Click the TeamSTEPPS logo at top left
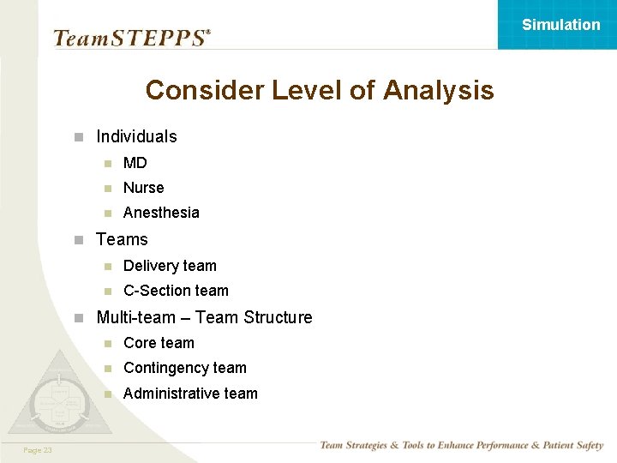coord(131,38)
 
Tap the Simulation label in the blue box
coord(561,25)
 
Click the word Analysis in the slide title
coord(439,90)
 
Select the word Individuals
coord(136,136)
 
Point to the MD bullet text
coord(135,163)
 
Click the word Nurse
coord(143,188)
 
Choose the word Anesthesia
coord(161,213)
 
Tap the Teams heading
coord(122,239)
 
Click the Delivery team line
coord(170,266)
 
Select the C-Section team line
coord(176,291)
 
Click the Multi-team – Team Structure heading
coord(204,317)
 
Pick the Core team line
coord(159,343)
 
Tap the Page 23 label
coord(38,450)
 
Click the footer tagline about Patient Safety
coord(461,445)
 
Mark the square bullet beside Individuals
coord(79,137)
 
